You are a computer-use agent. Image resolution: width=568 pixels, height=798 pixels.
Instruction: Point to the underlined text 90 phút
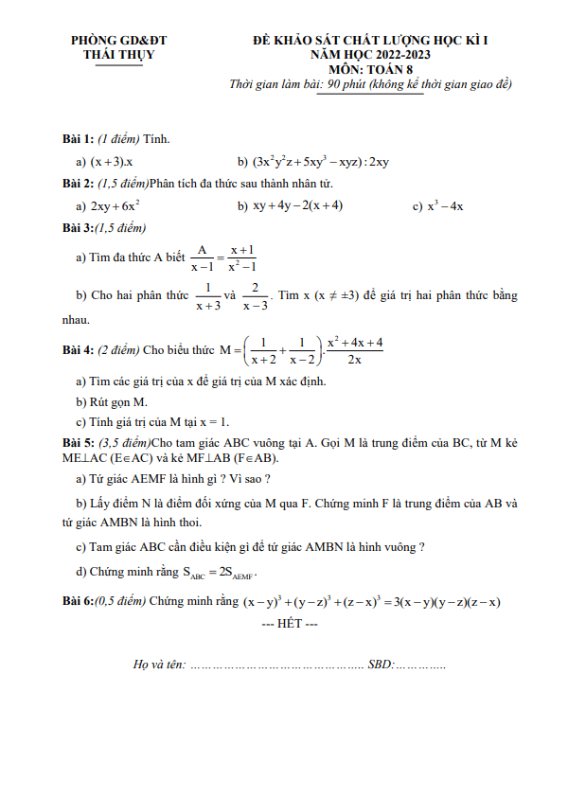click(346, 84)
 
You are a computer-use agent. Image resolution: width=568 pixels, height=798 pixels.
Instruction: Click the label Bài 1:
click(78, 139)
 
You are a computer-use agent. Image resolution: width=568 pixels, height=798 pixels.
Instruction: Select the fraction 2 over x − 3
click(255, 296)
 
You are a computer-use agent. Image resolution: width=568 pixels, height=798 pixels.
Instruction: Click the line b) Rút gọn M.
click(118, 401)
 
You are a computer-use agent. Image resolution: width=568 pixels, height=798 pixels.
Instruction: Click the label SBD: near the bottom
click(380, 666)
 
